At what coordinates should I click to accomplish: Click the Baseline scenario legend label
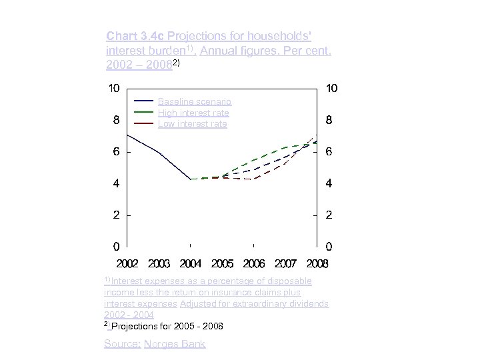click(194, 101)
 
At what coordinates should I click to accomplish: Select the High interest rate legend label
click(193, 113)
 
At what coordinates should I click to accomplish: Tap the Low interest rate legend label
click(192, 124)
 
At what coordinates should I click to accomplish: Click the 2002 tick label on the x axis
click(127, 264)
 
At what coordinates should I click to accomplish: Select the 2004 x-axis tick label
click(191, 264)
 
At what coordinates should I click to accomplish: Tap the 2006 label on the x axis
click(253, 264)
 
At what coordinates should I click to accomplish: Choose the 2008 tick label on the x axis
click(317, 264)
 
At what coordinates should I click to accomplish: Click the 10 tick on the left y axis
click(114, 89)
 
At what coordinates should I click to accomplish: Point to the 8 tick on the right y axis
click(329, 121)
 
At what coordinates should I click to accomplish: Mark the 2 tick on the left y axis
click(116, 215)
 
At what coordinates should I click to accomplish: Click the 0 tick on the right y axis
click(329, 247)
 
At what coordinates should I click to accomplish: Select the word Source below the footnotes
click(121, 344)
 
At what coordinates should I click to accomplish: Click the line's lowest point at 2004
click(191, 179)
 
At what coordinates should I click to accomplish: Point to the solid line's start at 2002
click(127, 135)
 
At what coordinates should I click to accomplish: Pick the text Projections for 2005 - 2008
click(167, 326)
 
